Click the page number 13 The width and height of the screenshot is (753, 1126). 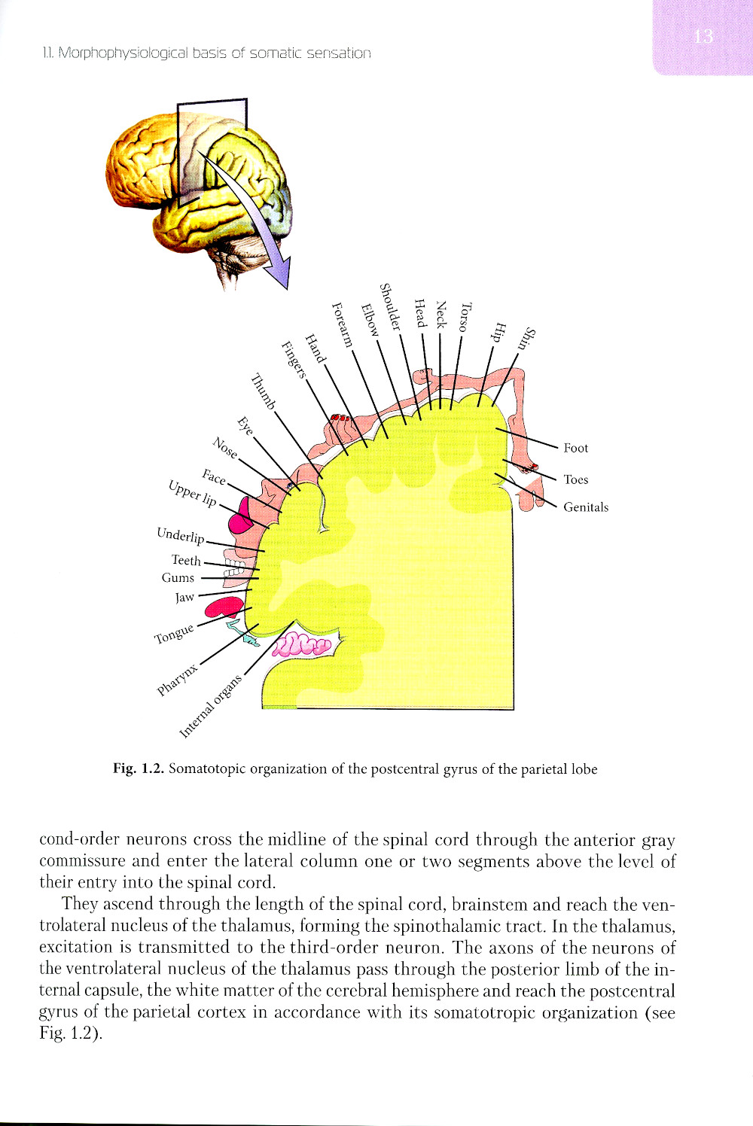pyautogui.click(x=703, y=36)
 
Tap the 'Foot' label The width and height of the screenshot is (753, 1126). pyautogui.click(x=575, y=448)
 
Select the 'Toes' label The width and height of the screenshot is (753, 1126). pyautogui.click(x=575, y=479)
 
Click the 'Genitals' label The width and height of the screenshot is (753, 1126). pyautogui.click(x=586, y=507)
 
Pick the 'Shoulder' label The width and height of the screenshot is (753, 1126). pyautogui.click(x=390, y=306)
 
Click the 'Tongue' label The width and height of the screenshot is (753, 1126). pyautogui.click(x=174, y=634)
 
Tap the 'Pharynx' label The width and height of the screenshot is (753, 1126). pyautogui.click(x=178, y=680)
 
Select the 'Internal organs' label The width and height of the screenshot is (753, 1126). pyautogui.click(x=212, y=706)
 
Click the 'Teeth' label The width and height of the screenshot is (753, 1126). pyautogui.click(x=186, y=560)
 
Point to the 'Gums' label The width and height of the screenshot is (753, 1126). pyautogui.click(x=178, y=578)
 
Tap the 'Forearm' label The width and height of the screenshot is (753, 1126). pyautogui.click(x=343, y=324)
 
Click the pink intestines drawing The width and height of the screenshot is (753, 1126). pyautogui.click(x=302, y=644)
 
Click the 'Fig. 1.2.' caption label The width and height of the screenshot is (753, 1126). pyautogui.click(x=138, y=768)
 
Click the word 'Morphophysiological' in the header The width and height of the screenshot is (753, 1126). pyautogui.click(x=123, y=53)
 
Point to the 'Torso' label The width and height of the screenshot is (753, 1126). pyautogui.click(x=466, y=317)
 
